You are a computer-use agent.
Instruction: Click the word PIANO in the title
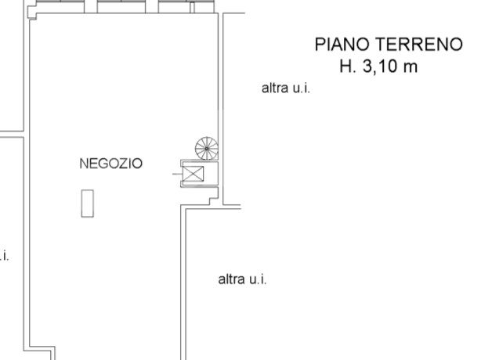tap(342, 44)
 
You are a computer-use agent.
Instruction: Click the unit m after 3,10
tap(410, 68)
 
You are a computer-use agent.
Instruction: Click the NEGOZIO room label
tap(110, 164)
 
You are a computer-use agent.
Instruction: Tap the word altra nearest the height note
tap(275, 88)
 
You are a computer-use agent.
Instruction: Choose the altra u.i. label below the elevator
tap(242, 279)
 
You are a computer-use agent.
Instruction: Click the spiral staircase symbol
tap(207, 149)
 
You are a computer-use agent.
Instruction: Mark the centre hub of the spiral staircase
tap(207, 149)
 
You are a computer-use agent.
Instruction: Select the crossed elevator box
tap(193, 174)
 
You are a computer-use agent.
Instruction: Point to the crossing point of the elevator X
tap(193, 174)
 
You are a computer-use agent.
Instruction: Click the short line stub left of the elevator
tap(177, 174)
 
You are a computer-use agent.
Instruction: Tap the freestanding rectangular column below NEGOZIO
tap(88, 203)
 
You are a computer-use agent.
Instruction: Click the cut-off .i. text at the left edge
tap(4, 256)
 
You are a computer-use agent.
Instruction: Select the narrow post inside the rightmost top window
tap(192, 7)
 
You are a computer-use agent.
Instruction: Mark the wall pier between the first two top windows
tap(91, 6)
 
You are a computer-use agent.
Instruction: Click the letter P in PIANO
tap(320, 44)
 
